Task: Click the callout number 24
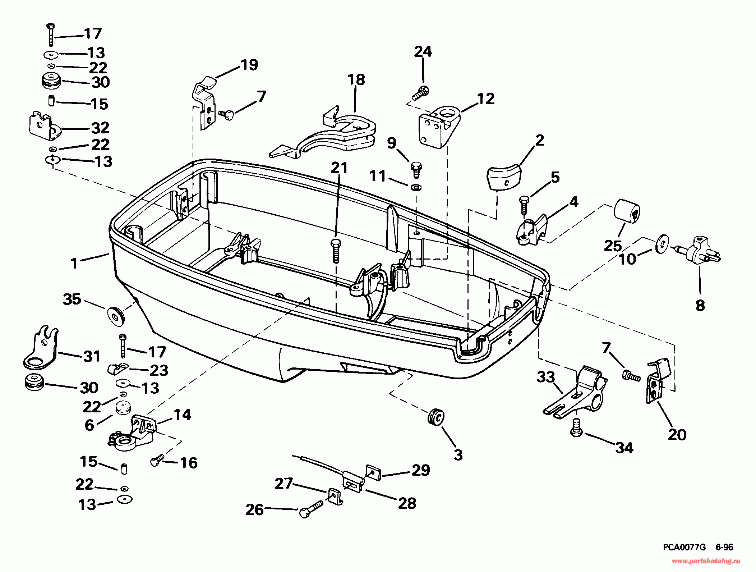point(423,52)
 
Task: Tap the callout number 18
point(356,80)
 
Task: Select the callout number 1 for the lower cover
point(74,264)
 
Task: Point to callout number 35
point(72,299)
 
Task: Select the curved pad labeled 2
point(503,178)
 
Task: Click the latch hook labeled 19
point(204,102)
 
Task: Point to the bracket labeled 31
point(41,349)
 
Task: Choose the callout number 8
point(700,306)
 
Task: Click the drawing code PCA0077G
point(684,547)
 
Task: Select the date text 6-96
point(724,547)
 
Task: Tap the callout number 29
point(421,470)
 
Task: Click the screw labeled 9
point(416,169)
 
